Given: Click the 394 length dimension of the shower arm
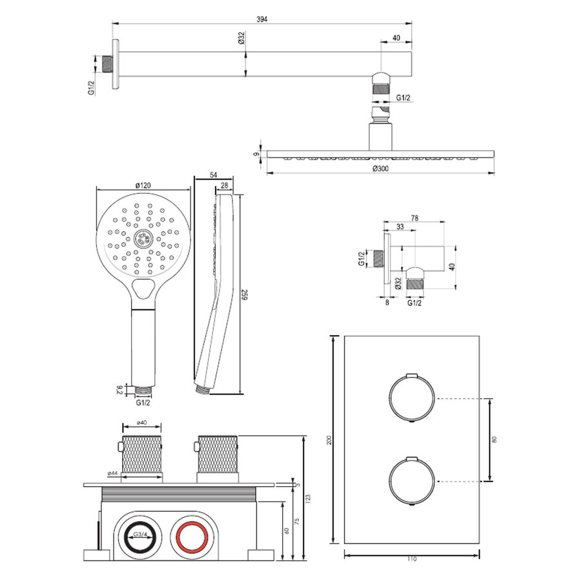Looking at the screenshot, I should click(261, 19).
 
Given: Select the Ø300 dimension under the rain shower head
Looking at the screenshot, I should click(380, 168).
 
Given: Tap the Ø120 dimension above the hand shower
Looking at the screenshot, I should click(143, 185).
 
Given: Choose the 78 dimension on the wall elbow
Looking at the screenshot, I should click(413, 218).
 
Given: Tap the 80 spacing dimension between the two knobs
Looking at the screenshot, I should click(495, 440).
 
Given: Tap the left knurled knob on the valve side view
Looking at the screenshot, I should click(141, 454).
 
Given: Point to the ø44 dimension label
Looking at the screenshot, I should click(113, 473).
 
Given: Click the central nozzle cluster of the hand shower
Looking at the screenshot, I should click(143, 240).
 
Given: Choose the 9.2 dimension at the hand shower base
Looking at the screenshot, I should click(118, 389).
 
